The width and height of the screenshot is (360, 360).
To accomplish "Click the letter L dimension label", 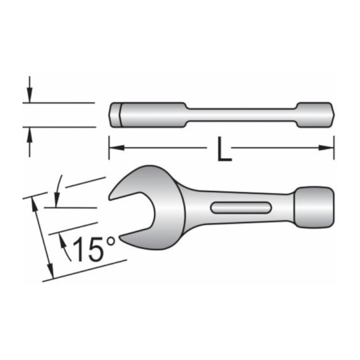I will click(x=223, y=150).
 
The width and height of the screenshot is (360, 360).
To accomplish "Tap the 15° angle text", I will click(x=91, y=249).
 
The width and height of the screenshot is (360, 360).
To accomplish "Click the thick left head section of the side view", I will click(x=147, y=115).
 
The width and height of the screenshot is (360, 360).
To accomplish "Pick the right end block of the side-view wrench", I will click(x=316, y=115).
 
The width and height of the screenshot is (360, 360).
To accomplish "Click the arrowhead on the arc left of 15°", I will click(x=62, y=240).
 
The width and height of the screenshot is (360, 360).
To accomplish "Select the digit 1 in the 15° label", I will click(x=78, y=249).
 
